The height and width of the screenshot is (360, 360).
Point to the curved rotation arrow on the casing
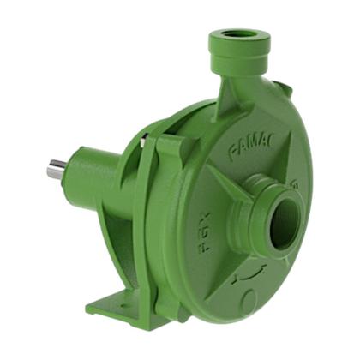pyautogui.click(x=249, y=276)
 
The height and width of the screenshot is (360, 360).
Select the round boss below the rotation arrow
pyautogui.click(x=249, y=300)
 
